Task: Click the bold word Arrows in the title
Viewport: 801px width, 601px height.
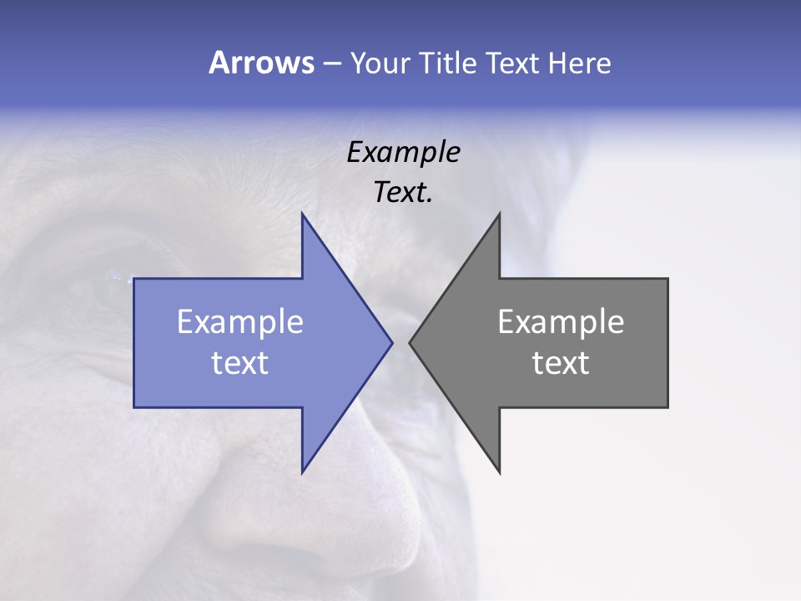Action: pos(261,63)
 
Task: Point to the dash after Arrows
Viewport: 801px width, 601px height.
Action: pos(331,63)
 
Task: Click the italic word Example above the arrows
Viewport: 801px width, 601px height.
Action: pos(403,152)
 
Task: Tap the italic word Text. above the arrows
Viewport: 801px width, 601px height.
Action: pos(403,192)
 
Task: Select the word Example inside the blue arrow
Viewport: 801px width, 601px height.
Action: pos(240,321)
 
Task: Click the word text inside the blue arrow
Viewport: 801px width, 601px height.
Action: pos(240,362)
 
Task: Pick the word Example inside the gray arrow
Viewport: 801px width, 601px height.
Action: pos(561,321)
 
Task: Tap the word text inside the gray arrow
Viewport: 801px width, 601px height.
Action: pos(561,362)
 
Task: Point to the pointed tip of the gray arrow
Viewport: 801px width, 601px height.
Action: pos(411,342)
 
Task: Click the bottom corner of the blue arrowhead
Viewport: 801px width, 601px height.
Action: pos(302,471)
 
